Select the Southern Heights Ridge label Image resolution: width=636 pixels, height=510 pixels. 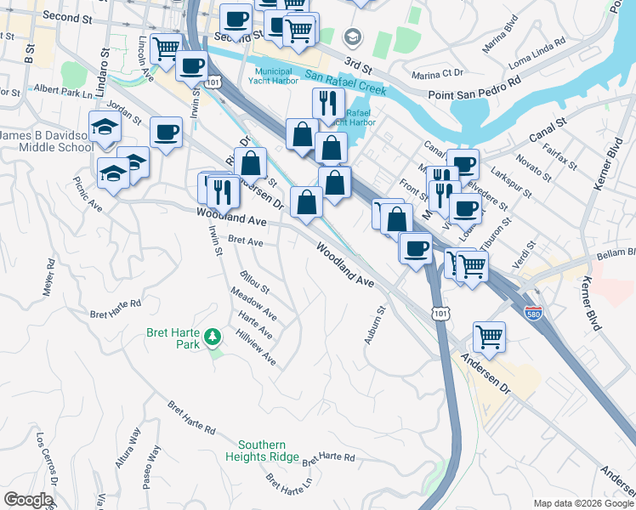(268, 450)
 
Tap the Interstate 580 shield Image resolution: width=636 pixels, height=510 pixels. (533, 313)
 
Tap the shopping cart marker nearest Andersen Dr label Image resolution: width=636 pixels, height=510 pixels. (489, 337)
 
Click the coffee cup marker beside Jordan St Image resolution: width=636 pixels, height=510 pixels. (166, 133)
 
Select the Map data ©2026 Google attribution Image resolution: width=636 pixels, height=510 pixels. (582, 503)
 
